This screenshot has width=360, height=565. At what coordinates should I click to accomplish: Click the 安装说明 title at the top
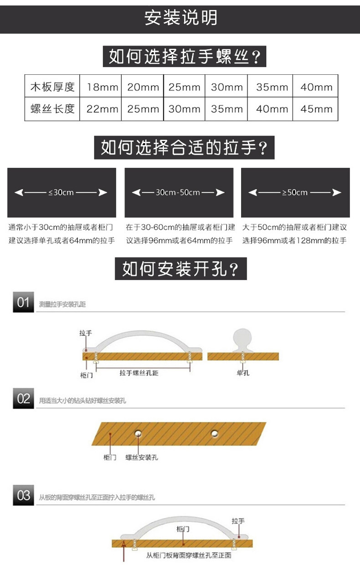tap(180, 18)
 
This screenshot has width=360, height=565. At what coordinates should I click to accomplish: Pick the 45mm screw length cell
tap(316, 109)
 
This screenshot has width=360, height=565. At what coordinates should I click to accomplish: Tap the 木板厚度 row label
tap(52, 87)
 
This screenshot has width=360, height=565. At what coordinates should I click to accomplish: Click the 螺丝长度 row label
tap(52, 109)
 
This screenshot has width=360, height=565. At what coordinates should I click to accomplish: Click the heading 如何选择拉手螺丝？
tap(185, 57)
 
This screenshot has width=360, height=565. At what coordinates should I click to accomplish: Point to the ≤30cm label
tap(61, 192)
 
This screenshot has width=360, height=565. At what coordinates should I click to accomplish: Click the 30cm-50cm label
tap(178, 192)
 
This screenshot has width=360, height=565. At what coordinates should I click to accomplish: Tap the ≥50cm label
tap(295, 192)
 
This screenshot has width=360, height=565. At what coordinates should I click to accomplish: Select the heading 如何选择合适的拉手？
tap(184, 148)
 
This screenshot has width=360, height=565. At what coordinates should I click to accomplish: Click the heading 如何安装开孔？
tap(180, 269)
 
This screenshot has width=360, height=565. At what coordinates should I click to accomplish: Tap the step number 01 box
tap(23, 302)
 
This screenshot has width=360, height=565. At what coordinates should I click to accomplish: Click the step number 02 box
tap(23, 399)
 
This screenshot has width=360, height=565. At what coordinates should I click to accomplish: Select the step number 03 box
tap(23, 496)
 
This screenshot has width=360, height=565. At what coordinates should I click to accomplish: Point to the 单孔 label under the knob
tap(243, 373)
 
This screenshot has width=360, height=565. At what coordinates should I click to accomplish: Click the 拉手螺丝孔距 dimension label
tap(139, 373)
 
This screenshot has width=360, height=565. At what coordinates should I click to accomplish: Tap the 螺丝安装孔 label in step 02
tap(142, 457)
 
